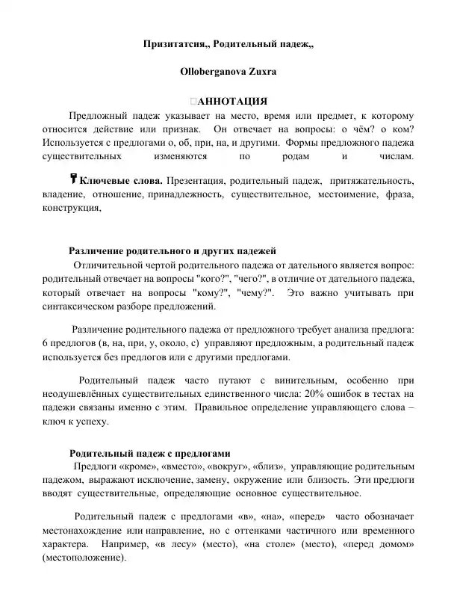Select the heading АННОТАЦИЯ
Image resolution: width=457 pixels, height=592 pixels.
point(231,102)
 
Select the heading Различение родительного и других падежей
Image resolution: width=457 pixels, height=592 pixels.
point(172,250)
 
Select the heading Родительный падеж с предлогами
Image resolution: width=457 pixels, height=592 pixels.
point(149,454)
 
